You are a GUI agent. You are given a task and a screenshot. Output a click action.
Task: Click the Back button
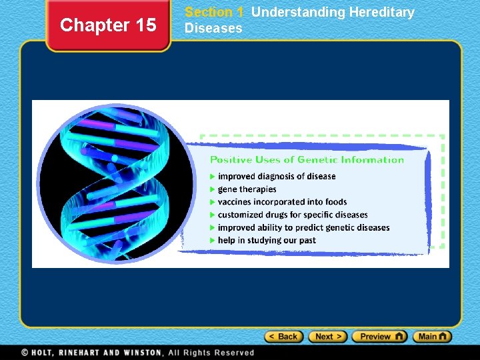click(284, 337)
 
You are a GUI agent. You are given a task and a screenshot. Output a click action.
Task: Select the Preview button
click(379, 337)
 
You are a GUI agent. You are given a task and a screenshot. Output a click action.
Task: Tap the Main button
click(432, 337)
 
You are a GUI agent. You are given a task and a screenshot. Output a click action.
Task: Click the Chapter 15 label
click(108, 25)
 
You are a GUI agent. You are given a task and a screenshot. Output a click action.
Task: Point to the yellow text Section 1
click(214, 12)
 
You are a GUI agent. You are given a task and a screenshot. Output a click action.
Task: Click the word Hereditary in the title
click(381, 12)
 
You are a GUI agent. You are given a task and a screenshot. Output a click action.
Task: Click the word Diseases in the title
click(213, 28)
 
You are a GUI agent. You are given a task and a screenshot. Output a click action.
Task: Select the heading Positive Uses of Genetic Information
click(307, 159)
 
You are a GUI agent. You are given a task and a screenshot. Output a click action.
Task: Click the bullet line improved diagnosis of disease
click(277, 177)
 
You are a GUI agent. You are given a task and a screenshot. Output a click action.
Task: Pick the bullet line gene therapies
click(247, 189)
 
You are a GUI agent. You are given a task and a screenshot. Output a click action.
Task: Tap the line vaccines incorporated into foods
click(282, 202)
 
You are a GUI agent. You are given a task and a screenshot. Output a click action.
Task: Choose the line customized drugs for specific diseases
click(293, 215)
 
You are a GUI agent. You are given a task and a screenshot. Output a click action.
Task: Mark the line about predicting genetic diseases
click(303, 227)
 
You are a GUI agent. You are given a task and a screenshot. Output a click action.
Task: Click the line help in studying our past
click(267, 240)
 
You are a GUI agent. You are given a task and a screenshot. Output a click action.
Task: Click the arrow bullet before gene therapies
click(213, 189)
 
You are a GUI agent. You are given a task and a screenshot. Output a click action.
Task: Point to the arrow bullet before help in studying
click(213, 240)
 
